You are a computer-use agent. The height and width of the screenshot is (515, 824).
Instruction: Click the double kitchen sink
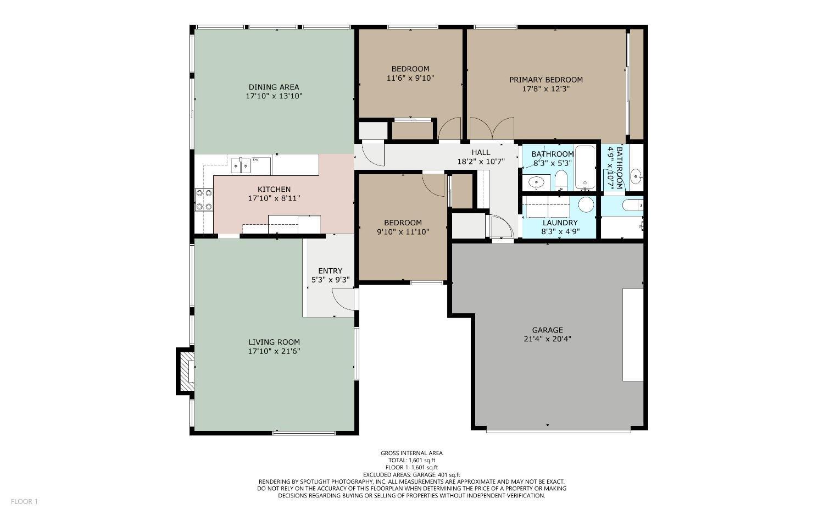click(241, 164)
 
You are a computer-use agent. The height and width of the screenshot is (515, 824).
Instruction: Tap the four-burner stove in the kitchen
click(204, 200)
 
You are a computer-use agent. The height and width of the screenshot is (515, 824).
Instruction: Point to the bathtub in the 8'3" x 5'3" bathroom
click(585, 167)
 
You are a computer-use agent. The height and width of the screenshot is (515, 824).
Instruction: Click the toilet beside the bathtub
click(561, 179)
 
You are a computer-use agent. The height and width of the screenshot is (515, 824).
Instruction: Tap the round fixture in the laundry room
click(586, 205)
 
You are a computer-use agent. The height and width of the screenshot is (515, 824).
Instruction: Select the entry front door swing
click(343, 300)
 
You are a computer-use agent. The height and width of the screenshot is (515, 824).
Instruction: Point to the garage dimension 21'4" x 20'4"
click(547, 339)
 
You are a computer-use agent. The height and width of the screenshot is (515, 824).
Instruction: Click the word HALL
click(481, 152)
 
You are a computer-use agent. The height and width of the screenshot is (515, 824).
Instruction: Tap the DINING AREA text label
click(274, 87)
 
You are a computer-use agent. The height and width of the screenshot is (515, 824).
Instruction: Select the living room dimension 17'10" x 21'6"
click(274, 351)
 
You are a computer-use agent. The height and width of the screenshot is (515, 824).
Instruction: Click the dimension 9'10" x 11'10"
click(403, 232)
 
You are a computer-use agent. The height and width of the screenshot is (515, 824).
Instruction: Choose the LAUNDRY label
click(560, 223)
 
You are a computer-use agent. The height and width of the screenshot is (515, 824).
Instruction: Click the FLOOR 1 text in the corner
click(24, 501)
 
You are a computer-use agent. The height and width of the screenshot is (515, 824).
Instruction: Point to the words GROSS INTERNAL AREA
click(411, 453)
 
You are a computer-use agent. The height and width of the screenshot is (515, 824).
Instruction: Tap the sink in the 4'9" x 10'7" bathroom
click(636, 176)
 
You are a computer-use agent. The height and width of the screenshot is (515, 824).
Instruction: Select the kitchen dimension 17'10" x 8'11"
click(274, 198)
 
